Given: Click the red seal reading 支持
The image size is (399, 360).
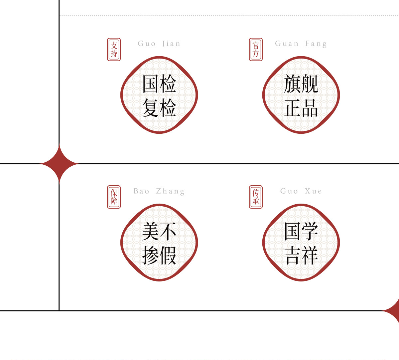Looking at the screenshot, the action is coord(114,50).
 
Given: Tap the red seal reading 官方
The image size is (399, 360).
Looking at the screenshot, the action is coord(256,50).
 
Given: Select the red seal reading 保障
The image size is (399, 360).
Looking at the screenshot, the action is coord(114,197).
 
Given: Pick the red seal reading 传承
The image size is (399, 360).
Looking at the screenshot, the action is coord(256,197).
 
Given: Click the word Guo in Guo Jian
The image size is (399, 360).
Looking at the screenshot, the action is coord(147,44).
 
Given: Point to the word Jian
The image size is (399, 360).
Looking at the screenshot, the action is coord(171,44).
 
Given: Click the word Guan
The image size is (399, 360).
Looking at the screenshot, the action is coord(287,44).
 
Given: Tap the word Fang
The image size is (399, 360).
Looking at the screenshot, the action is coord(316,44).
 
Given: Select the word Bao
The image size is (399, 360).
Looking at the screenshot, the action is coord(141,191).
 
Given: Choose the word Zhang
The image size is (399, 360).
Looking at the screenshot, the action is coord(170,191).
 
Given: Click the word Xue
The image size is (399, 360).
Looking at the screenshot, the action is coord(313,191).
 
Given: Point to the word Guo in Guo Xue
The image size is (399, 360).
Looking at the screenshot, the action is coord(289,191).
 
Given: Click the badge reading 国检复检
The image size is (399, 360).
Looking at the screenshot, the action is coord(159,95).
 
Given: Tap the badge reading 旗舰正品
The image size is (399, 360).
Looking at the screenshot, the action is coord(301,95).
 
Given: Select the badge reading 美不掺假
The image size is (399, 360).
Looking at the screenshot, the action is coord(159,243).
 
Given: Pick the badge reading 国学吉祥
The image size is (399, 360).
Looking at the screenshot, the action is coord(301,243).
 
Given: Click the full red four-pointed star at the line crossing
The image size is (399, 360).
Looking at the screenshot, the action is coord(59,164).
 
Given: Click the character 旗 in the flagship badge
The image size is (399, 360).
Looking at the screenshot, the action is coord(292,84).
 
